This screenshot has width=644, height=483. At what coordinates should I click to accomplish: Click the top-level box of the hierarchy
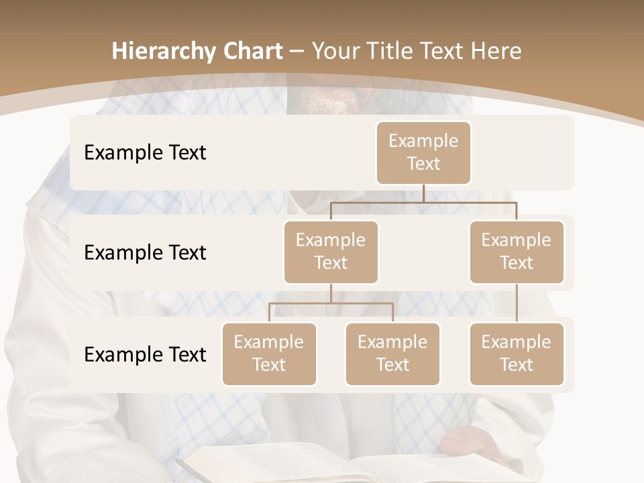pyautogui.click(x=423, y=152)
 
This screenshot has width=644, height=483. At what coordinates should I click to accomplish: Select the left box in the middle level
pyautogui.click(x=331, y=252)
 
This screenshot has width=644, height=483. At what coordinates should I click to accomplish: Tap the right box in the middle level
pyautogui.click(x=517, y=252)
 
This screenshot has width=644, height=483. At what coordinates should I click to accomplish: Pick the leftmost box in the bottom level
pyautogui.click(x=269, y=354)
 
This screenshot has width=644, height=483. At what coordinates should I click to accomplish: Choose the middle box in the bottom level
pyautogui.click(x=392, y=354)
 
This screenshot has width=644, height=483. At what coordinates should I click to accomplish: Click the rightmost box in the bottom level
pyautogui.click(x=517, y=354)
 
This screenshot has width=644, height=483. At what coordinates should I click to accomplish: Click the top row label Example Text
pyautogui.click(x=145, y=152)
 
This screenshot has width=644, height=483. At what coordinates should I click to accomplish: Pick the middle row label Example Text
pyautogui.click(x=145, y=252)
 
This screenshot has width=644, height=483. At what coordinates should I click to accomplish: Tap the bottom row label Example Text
pyautogui.click(x=145, y=354)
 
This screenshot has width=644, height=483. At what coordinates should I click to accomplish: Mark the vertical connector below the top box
pyautogui.click(x=423, y=193)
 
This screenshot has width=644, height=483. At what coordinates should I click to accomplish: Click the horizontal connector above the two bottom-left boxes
pyautogui.click(x=331, y=303)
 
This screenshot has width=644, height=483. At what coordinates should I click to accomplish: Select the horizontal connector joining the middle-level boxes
pyautogui.click(x=423, y=201)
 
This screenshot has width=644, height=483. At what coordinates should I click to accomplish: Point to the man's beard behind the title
pyautogui.click(x=329, y=101)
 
